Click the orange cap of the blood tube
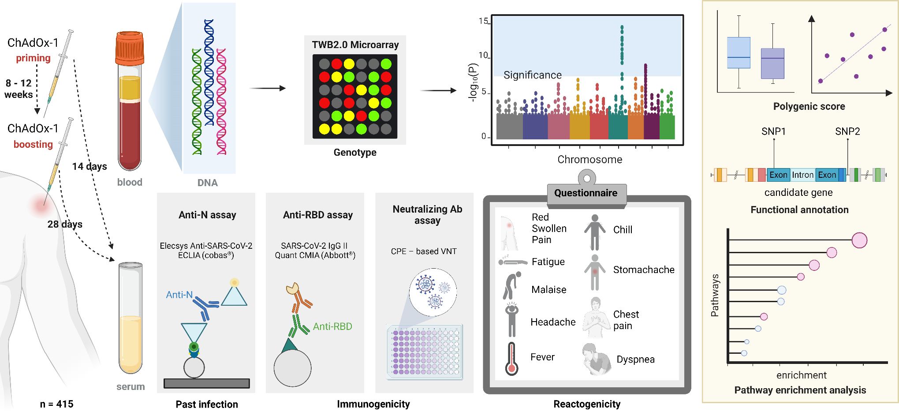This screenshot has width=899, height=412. (x=130, y=48)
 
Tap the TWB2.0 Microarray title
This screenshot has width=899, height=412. (x=355, y=45)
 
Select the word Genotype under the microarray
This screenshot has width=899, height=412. (x=355, y=153)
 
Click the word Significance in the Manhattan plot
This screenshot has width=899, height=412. (x=533, y=75)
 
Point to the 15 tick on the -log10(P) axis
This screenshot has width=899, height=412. (x=483, y=21)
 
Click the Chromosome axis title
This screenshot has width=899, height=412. (x=589, y=160)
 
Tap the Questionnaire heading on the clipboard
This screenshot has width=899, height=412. (x=586, y=193)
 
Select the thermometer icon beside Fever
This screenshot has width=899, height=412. (x=511, y=359)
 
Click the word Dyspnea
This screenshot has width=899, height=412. (x=635, y=360)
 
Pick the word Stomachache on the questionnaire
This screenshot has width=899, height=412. (x=644, y=270)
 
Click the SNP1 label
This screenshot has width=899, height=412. (x=773, y=131)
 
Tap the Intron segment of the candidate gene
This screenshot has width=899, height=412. (x=802, y=175)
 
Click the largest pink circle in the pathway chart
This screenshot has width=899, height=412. (x=859, y=240)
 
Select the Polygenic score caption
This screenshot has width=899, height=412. (x=809, y=106)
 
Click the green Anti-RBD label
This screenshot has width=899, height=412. (x=332, y=327)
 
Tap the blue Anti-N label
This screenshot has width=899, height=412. (x=179, y=295)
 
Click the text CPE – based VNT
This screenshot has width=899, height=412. (x=424, y=251)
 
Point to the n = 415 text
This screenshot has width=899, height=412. (x=56, y=404)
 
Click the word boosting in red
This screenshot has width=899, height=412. (x=33, y=145)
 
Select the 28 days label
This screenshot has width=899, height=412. (x=65, y=225)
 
